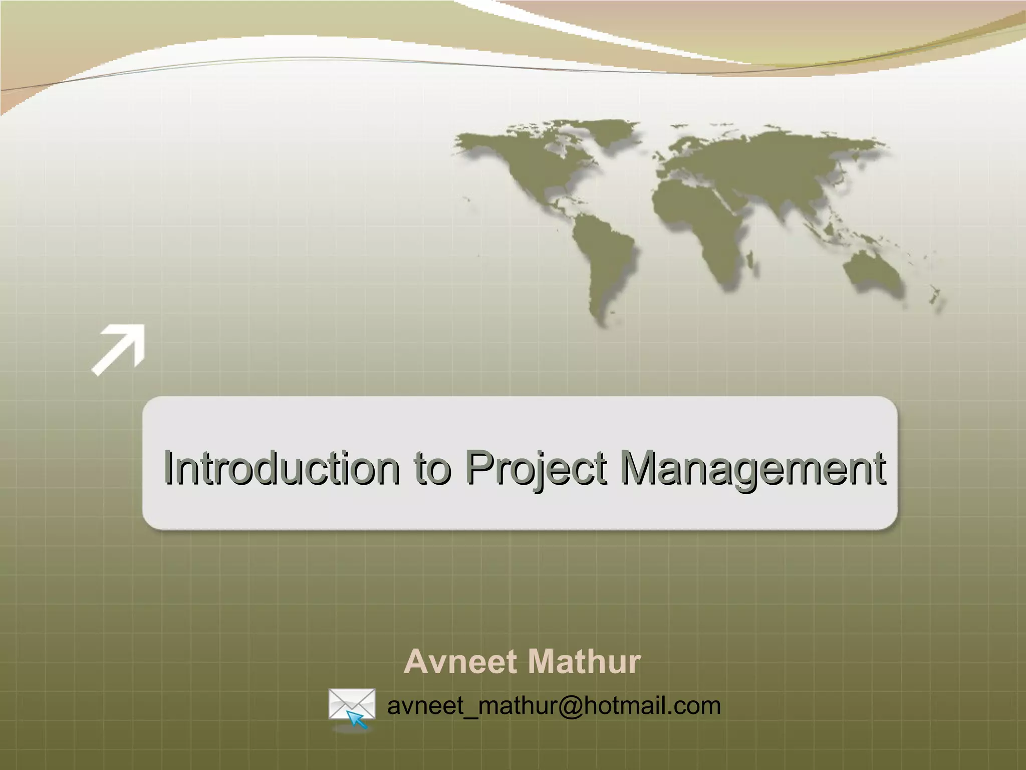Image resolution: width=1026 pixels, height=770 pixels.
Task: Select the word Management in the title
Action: (x=751, y=468)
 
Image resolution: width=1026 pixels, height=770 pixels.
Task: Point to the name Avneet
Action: (x=460, y=662)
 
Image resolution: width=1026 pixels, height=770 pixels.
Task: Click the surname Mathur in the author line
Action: (x=583, y=662)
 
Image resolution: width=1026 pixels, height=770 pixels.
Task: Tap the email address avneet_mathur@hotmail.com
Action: (x=554, y=705)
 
